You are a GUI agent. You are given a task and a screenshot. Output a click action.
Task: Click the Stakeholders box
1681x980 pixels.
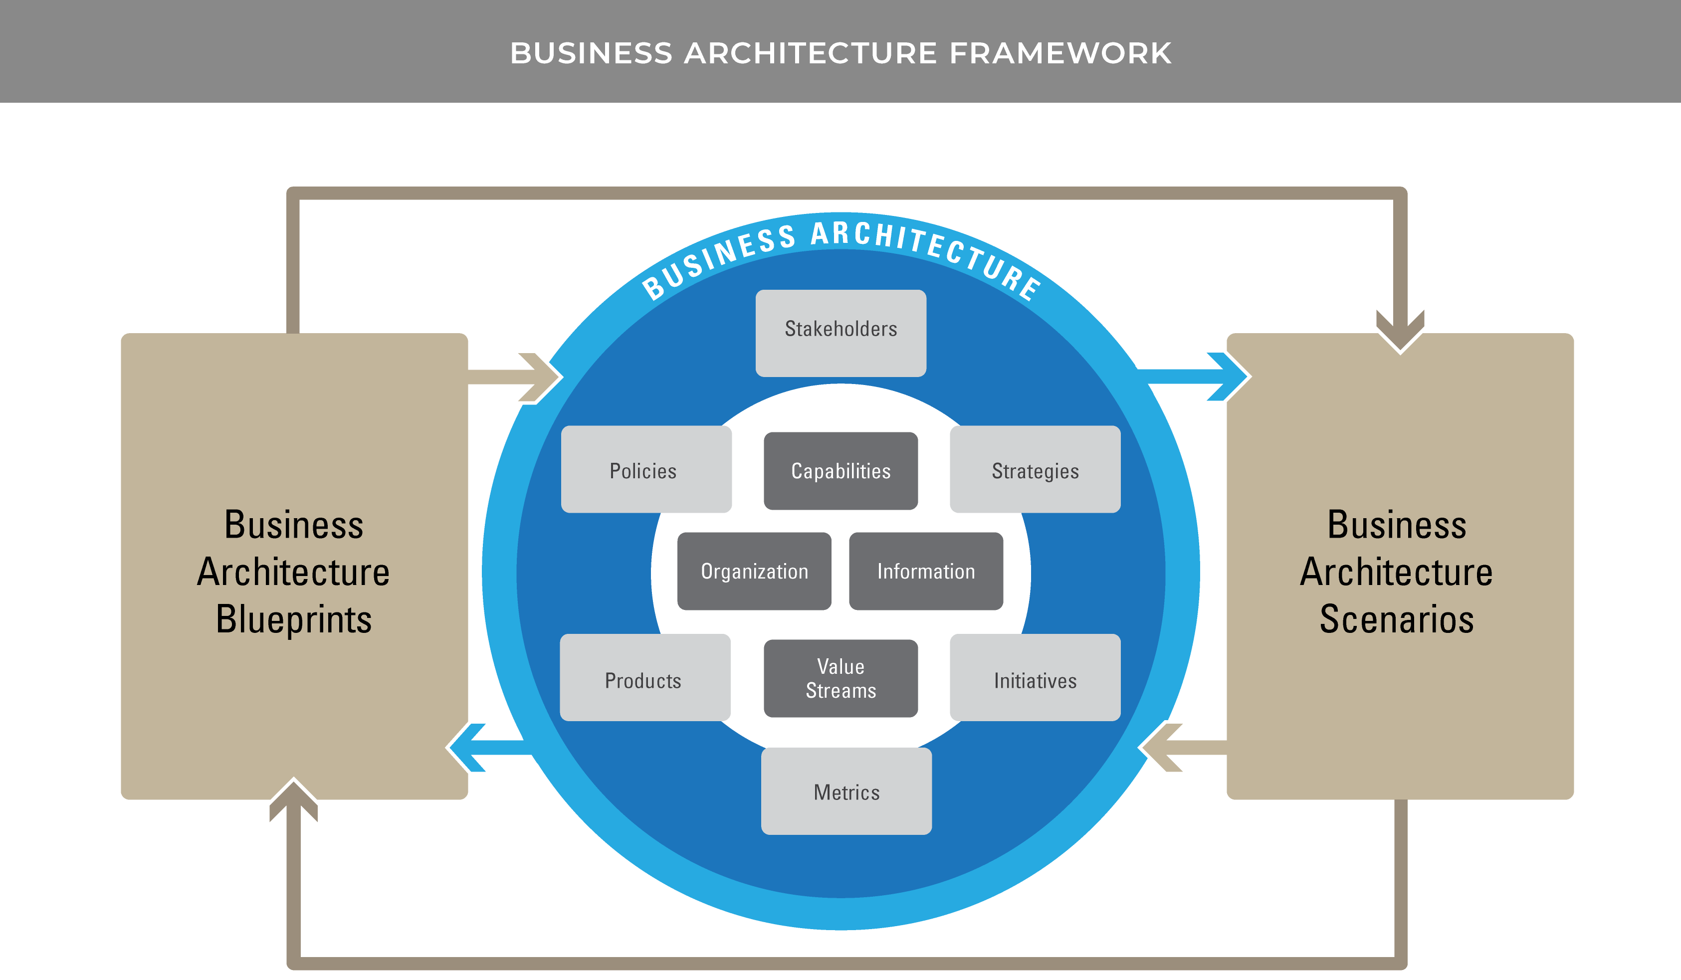(x=840, y=332)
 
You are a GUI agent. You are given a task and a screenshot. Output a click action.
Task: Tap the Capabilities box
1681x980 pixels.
(x=840, y=470)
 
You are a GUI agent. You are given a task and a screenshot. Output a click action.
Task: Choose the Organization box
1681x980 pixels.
(x=754, y=571)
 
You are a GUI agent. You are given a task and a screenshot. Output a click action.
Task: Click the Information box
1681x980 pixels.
(x=926, y=571)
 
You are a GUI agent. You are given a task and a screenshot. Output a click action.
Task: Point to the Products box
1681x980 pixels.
(x=644, y=677)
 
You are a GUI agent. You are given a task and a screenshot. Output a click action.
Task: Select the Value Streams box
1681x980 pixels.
(x=840, y=678)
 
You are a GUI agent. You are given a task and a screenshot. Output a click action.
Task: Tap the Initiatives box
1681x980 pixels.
(x=1035, y=677)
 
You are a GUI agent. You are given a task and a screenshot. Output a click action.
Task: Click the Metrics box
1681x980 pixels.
(x=846, y=790)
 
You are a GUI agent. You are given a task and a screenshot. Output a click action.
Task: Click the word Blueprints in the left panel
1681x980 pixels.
(x=293, y=619)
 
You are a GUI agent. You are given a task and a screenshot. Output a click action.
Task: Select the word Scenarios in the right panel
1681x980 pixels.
(x=1396, y=619)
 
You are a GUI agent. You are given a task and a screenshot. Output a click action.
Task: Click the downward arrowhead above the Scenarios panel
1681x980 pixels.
(x=1400, y=332)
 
